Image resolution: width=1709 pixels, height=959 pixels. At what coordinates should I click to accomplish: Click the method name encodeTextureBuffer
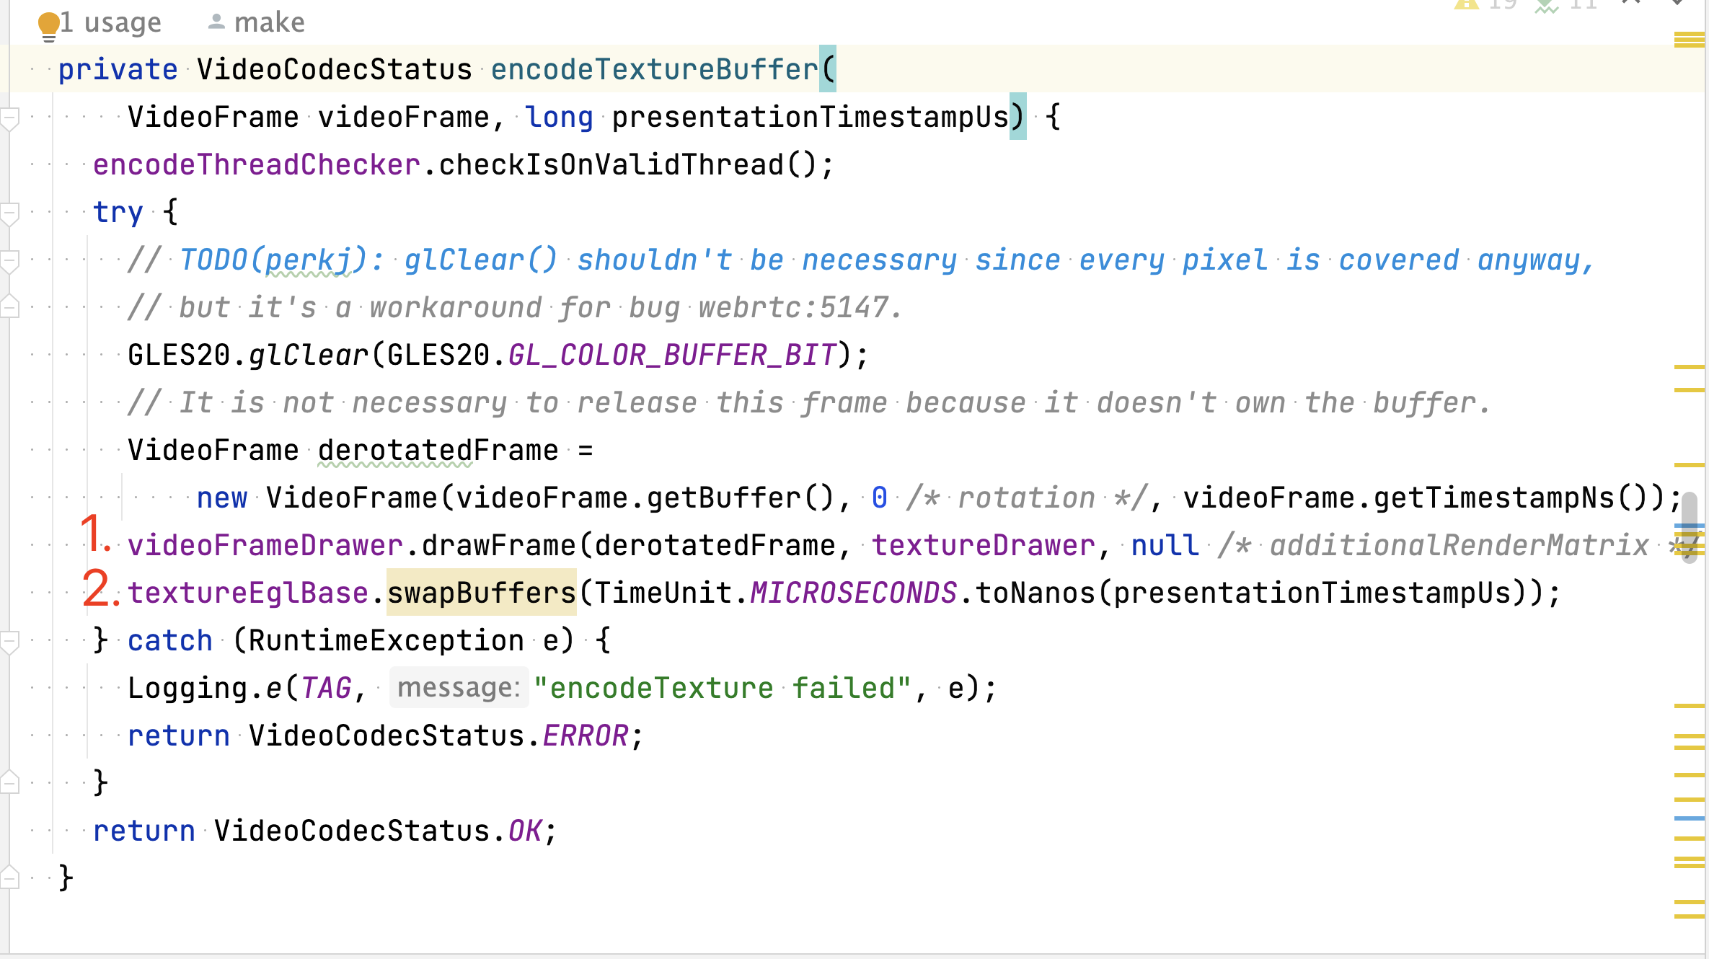tap(655, 69)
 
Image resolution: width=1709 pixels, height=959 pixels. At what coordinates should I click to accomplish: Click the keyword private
tap(118, 70)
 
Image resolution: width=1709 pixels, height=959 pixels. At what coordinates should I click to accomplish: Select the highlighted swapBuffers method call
tap(482, 593)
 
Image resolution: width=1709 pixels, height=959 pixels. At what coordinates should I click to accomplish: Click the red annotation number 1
tap(94, 534)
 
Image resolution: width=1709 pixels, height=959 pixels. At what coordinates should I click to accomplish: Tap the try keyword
tap(118, 213)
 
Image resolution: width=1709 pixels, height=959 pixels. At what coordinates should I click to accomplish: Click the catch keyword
tap(170, 640)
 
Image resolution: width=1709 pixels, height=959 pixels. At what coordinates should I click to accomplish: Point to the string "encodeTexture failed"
tap(723, 688)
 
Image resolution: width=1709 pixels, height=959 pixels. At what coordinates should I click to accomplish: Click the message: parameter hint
tap(459, 688)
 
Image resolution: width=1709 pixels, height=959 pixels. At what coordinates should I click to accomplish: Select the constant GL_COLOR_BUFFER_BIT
tap(672, 355)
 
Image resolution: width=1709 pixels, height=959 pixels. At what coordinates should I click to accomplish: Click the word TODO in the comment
tap(213, 260)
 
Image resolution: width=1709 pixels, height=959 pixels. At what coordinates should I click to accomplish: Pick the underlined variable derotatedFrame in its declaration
tap(438, 451)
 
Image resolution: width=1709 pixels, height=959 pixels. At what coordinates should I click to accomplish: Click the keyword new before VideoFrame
tap(222, 498)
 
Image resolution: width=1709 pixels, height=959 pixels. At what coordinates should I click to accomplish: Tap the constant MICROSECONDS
tap(854, 593)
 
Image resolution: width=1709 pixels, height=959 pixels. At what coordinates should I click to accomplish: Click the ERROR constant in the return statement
tap(586, 735)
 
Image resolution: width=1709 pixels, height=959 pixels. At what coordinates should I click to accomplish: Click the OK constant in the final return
tap(525, 831)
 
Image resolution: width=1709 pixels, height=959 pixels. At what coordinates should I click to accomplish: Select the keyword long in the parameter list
tap(560, 118)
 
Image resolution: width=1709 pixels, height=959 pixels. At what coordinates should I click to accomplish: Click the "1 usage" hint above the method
tap(111, 22)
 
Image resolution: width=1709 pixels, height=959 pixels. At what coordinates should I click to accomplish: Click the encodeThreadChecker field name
tap(257, 165)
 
